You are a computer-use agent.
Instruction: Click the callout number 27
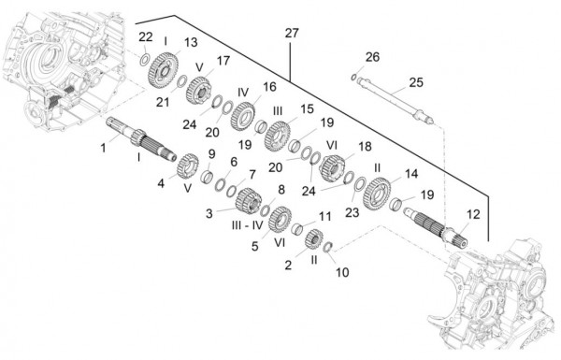click(292, 34)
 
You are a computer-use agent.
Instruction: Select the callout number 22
click(146, 36)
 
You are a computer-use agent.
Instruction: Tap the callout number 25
click(416, 82)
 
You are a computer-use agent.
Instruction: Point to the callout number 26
click(372, 57)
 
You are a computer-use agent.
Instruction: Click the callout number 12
click(473, 214)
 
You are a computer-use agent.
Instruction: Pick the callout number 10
click(342, 272)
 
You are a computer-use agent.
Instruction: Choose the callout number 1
click(104, 148)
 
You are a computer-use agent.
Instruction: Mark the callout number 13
click(191, 42)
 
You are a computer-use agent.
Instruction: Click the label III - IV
click(247, 225)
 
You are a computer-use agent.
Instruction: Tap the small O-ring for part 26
click(353, 77)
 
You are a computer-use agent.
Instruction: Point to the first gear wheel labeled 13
click(163, 70)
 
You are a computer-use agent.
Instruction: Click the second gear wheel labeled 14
click(377, 194)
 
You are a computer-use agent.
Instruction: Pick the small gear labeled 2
click(314, 238)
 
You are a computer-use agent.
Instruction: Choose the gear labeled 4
click(188, 166)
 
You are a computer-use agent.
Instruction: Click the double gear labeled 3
click(248, 201)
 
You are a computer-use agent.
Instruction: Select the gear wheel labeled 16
click(242, 117)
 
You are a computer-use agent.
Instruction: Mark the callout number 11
click(324, 217)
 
